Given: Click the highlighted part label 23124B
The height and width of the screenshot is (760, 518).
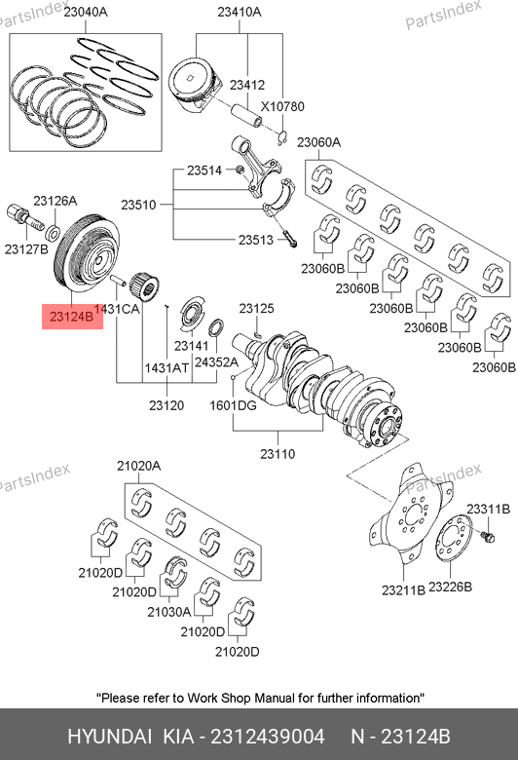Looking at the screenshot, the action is (x=72, y=317).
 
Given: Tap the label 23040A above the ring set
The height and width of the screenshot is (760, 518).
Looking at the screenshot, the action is (x=86, y=12).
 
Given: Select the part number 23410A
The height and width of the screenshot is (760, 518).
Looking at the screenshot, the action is (x=239, y=12).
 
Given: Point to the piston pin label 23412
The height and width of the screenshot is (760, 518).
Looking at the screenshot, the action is (x=247, y=85).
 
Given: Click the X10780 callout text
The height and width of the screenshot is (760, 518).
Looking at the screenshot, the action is (x=282, y=106).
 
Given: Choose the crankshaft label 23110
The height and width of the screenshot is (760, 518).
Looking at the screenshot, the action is (x=277, y=454).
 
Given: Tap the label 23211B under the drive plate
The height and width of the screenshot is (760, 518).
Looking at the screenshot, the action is (x=404, y=589).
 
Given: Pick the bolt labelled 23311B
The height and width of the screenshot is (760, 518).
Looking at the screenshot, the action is (x=488, y=537).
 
